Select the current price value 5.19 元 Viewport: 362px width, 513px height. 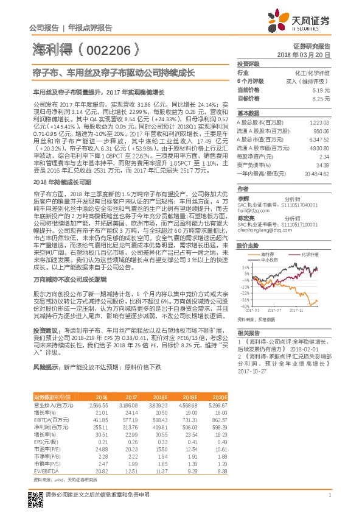pos(322,89)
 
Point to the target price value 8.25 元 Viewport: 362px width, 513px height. pos(322,97)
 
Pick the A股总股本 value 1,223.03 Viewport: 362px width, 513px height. pos(320,122)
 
